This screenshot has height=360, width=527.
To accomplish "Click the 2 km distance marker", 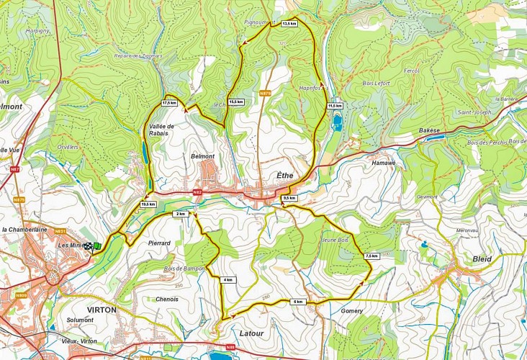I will tap(181, 214).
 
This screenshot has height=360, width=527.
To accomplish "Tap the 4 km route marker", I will tap(228, 279).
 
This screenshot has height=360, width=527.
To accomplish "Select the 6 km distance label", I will tap(298, 302).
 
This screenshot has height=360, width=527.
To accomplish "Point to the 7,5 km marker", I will tap(371, 256).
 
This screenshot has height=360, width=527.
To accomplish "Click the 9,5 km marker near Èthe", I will tap(289, 198).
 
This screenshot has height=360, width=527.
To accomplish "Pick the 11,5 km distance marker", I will tap(335, 106).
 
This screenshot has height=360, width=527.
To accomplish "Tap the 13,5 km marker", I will tap(289, 24).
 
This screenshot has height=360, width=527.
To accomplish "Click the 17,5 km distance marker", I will tap(169, 103).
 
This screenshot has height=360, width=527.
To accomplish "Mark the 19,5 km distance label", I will tap(148, 204).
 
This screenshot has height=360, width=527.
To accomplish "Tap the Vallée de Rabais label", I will tap(162, 130).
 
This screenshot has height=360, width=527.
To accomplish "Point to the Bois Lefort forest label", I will tap(375, 84).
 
